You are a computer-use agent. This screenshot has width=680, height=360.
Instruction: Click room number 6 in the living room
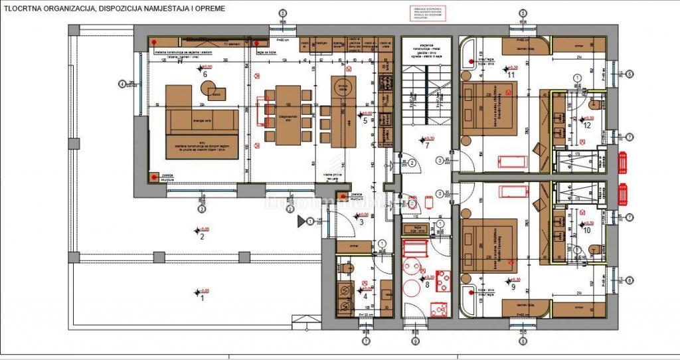(205, 74)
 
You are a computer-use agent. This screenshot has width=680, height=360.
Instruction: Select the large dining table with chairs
(288, 115)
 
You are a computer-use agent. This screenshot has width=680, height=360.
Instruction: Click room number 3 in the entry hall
(361, 221)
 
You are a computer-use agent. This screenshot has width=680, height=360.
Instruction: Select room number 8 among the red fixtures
(428, 284)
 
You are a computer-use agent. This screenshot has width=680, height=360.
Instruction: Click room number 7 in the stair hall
(427, 145)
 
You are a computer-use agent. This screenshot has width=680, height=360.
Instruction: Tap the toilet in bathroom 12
(592, 104)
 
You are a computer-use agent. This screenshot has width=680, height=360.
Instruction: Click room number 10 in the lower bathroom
(586, 230)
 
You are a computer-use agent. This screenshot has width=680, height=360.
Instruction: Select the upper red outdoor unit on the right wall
(624, 162)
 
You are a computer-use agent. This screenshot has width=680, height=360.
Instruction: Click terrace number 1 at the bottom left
(203, 298)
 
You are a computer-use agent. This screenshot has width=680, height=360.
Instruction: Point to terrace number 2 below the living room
(202, 236)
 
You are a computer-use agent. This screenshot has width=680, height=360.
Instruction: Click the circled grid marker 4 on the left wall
(122, 84)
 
